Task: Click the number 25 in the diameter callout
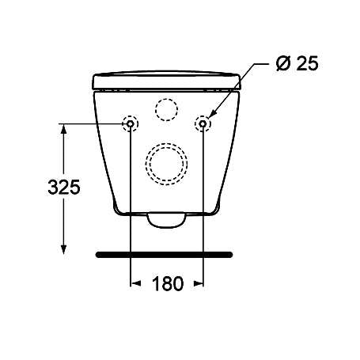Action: pos(307,63)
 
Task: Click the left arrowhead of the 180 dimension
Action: pos(134,283)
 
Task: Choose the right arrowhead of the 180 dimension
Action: pos(199,283)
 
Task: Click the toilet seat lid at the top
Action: pos(166,80)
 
